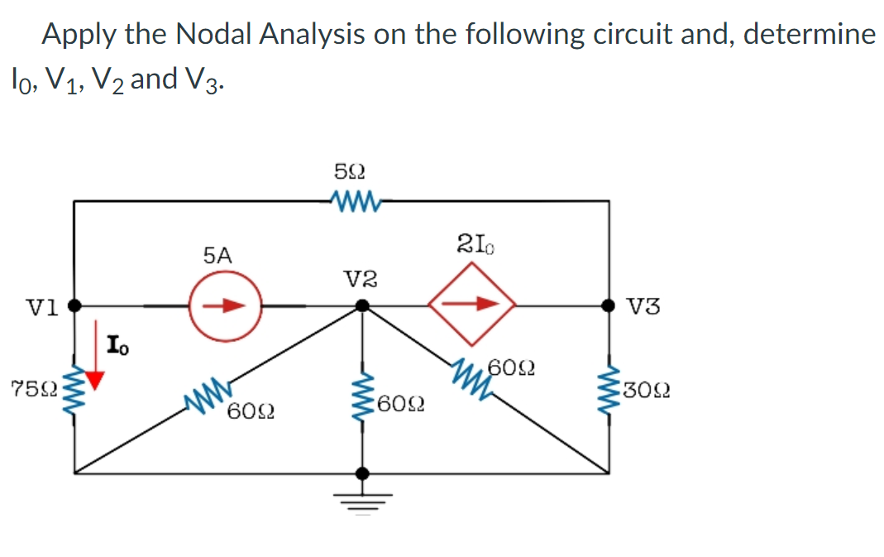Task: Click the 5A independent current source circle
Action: pos(225,305)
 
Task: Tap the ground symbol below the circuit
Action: pos(361,495)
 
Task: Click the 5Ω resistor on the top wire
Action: pos(352,199)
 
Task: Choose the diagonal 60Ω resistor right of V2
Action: pos(472,372)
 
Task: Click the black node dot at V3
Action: pos(612,305)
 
